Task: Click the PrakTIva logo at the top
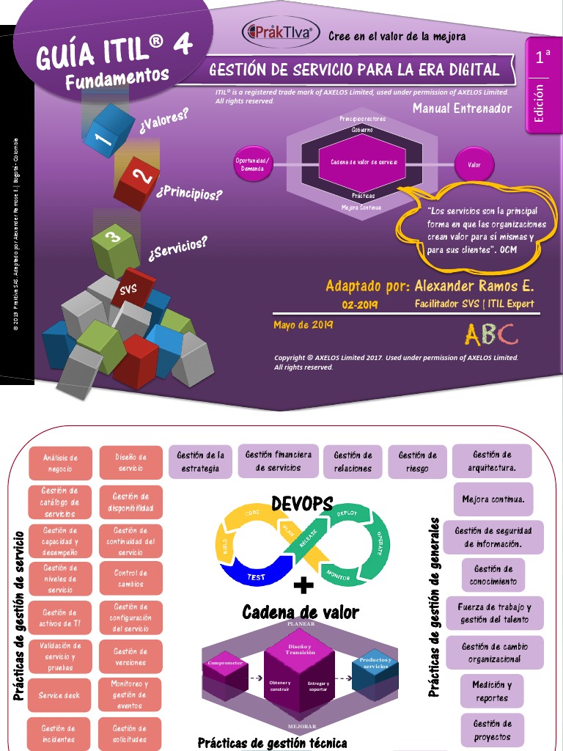281,32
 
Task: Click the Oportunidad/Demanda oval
253,164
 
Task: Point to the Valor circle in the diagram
474,165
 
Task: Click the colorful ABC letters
490,335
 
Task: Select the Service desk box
60,695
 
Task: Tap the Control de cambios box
130,579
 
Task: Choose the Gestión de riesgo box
417,462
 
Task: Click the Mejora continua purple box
493,499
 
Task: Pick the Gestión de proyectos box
493,730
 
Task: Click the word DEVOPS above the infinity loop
302,504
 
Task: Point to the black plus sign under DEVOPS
303,585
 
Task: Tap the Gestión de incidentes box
59,733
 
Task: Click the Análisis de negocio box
60,463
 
